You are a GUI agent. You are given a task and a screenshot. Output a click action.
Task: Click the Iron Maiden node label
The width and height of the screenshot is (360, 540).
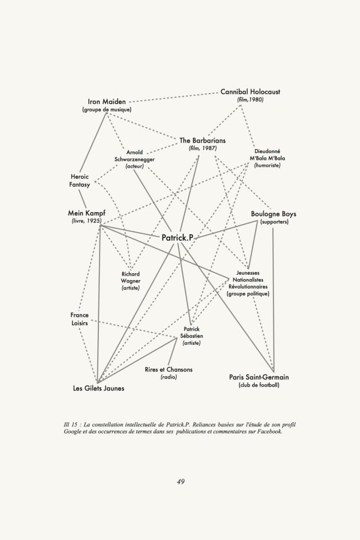click(107, 102)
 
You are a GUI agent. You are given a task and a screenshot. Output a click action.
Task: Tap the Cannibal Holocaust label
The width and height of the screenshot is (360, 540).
click(250, 92)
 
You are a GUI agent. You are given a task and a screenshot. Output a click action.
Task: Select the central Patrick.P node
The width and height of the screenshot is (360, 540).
click(177, 238)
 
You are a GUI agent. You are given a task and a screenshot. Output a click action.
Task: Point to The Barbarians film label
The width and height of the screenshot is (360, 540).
click(202, 140)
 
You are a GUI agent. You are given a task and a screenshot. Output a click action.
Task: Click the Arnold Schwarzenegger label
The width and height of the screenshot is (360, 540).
click(134, 159)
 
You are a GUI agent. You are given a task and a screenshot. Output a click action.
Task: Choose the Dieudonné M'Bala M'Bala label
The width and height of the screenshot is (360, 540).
click(267, 158)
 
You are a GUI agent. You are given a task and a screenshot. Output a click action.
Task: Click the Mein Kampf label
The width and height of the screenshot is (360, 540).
click(87, 214)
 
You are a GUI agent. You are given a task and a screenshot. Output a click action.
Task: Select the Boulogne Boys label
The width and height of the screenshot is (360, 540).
click(273, 214)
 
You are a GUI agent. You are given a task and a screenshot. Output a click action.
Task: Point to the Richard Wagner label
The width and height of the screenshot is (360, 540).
click(130, 281)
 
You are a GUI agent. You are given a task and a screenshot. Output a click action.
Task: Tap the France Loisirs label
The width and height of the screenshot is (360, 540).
click(79, 319)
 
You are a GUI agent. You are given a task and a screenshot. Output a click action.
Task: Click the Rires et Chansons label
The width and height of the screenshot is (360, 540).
click(169, 370)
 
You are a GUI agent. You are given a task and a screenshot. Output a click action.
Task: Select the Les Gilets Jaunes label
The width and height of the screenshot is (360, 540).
click(99, 388)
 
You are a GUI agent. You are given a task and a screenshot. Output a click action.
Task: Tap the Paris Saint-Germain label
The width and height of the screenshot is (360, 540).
click(259, 377)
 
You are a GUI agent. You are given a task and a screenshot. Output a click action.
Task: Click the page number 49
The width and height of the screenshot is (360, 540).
click(181, 481)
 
